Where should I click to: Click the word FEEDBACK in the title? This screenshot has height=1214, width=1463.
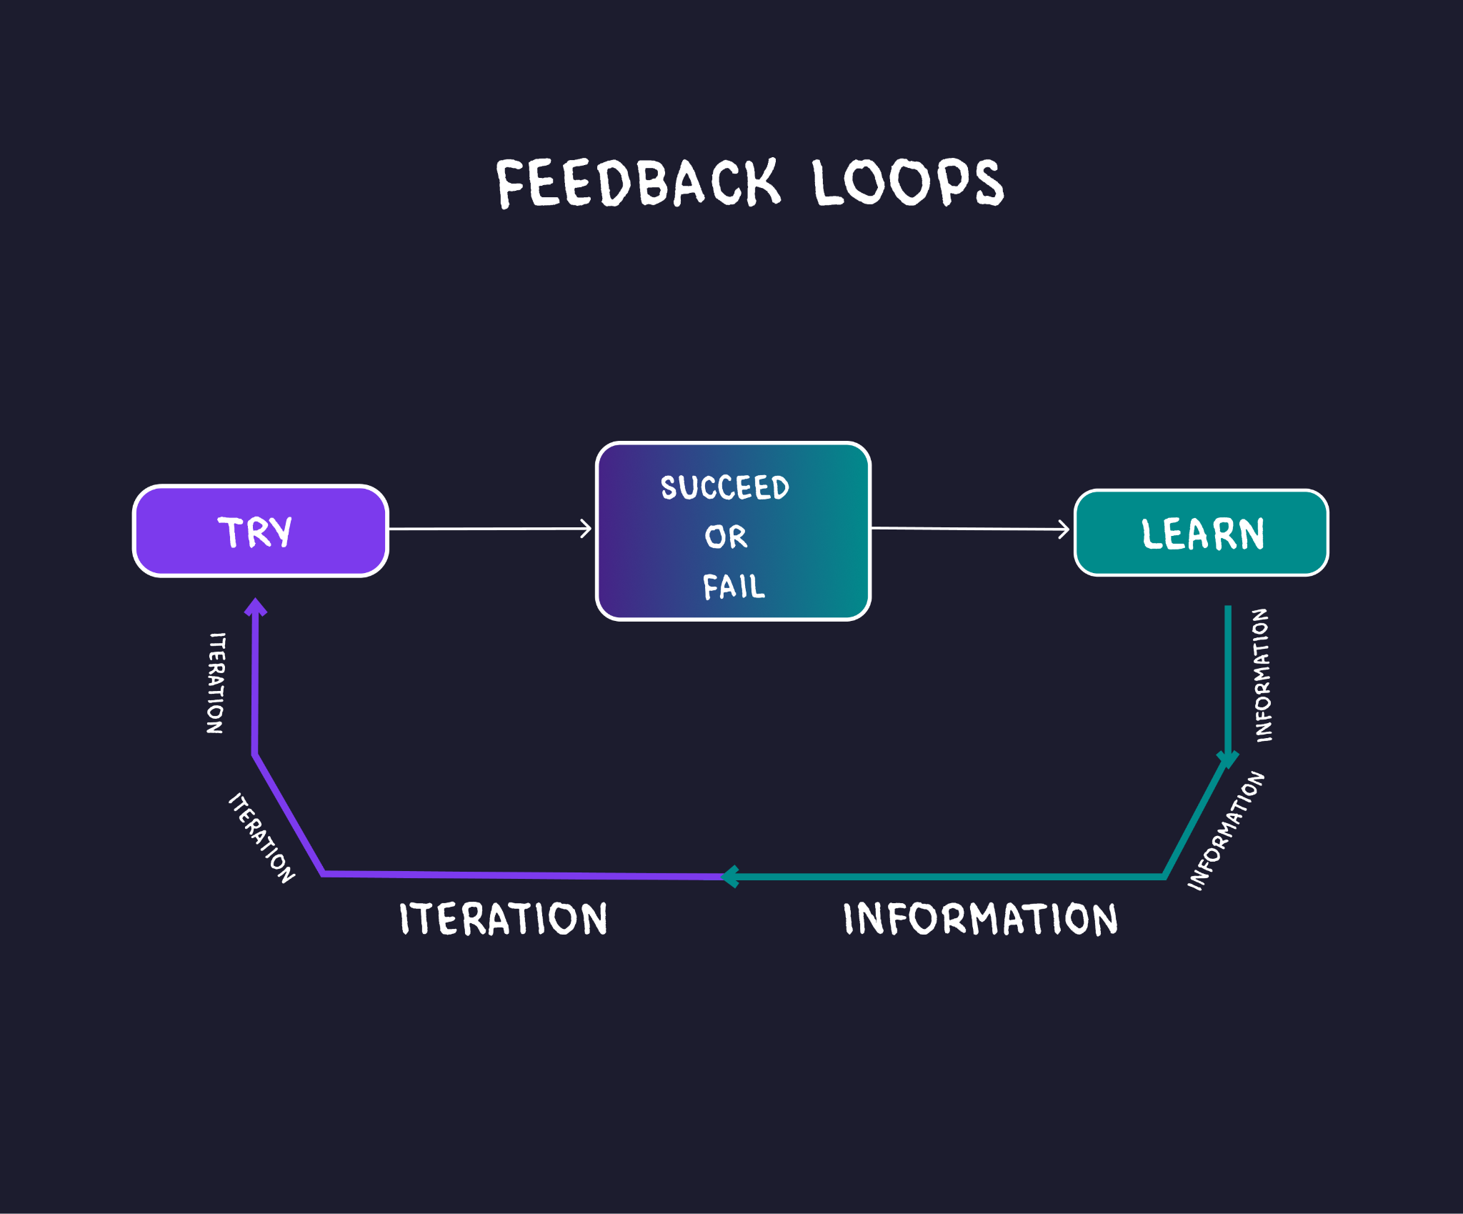638,183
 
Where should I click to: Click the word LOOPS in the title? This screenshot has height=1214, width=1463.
908,182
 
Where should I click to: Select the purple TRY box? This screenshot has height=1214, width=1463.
261,531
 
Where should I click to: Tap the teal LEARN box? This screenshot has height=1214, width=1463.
1202,532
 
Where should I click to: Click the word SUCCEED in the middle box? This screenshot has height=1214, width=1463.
725,488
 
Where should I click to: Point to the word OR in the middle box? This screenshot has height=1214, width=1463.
726,537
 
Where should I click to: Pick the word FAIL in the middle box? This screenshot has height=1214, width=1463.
734,587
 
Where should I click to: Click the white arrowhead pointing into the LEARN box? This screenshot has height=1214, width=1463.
1064,529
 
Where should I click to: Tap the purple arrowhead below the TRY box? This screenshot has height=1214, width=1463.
256,607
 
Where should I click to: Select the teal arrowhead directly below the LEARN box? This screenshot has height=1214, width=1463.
1228,760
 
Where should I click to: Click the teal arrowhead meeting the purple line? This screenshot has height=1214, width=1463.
730,876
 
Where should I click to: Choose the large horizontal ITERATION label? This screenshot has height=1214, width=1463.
504,918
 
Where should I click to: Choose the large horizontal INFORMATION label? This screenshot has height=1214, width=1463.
980,918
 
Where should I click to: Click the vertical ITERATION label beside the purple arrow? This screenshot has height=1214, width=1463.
216,682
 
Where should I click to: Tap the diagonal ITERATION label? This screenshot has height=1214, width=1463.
261,837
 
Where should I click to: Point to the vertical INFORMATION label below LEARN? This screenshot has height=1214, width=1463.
1262,675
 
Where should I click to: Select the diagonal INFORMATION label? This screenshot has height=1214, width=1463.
1226,830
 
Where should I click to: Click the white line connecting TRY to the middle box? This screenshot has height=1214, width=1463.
490,529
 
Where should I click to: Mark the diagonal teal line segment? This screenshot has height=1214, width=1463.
1196,818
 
